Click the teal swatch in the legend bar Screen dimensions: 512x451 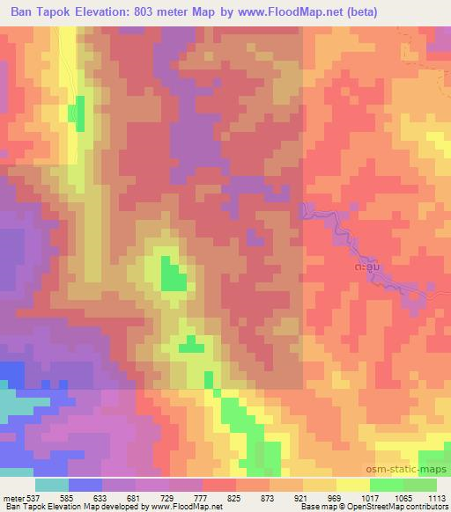pyautogui.click(x=53, y=485)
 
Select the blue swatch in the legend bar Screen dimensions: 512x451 pyautogui.click(x=86, y=485)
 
